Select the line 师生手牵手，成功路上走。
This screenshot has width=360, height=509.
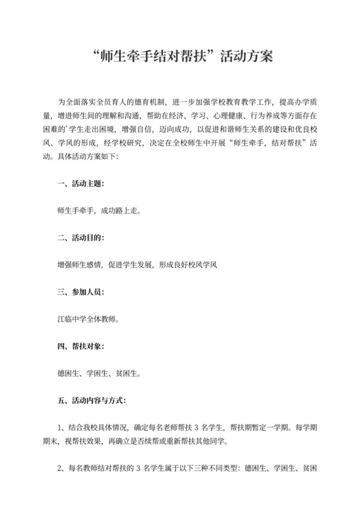98,210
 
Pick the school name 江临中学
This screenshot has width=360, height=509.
73,318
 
